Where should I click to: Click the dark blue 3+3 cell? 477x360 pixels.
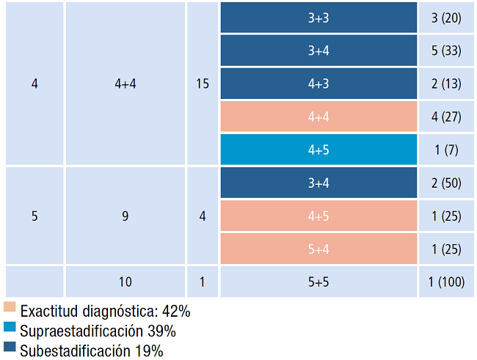318,18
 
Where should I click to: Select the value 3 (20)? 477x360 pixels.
446,18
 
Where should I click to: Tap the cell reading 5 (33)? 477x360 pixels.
446,51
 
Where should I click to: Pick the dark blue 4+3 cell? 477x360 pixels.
318,84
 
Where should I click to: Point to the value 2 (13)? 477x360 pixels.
446,84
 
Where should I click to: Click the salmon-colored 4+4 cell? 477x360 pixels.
318,117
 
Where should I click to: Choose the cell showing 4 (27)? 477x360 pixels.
446,117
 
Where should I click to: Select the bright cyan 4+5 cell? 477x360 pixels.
318,150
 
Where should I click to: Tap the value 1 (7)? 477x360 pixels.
446,150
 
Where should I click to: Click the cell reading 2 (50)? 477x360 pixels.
446,183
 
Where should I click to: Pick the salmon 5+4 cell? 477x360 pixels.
318,249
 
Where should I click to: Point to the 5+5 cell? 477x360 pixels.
318,282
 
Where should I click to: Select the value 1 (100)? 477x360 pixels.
446,282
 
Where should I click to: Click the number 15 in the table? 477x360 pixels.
203,84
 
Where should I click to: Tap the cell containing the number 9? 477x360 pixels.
125,216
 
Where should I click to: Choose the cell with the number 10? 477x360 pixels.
125,282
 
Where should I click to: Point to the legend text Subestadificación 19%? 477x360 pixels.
92,350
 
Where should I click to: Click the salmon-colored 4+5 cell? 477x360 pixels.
318,216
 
